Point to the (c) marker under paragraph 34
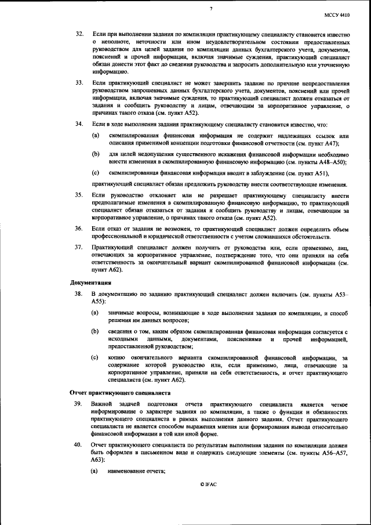tap(95, 173)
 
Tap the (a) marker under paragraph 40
tap(95, 471)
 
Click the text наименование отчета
tap(137, 471)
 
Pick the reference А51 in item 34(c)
tap(320, 173)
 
